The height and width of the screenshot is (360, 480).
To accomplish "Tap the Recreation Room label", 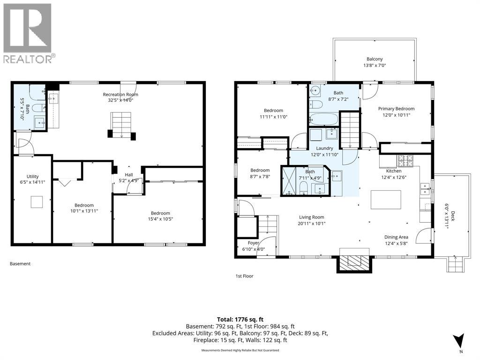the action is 120,97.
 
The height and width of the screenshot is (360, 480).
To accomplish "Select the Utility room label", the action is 32,179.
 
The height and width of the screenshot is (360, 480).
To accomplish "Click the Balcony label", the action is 375,62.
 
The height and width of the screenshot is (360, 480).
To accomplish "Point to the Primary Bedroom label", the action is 396,112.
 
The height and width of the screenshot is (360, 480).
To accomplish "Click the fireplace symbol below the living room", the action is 355,260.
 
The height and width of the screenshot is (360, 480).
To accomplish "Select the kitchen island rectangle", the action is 386,200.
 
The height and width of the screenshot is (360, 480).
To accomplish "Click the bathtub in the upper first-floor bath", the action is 323,119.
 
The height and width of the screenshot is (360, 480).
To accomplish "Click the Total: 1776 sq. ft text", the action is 240,320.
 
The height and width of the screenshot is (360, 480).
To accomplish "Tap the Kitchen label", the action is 393,174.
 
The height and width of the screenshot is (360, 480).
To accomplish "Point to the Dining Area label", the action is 396,240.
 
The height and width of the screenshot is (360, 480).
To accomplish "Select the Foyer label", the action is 254,246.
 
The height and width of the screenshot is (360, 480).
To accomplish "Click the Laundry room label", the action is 324,151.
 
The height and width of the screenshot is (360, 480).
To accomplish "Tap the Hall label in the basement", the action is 129,177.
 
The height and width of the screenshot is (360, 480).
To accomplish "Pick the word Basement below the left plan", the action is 20,263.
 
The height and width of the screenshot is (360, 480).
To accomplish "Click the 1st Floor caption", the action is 244,276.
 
